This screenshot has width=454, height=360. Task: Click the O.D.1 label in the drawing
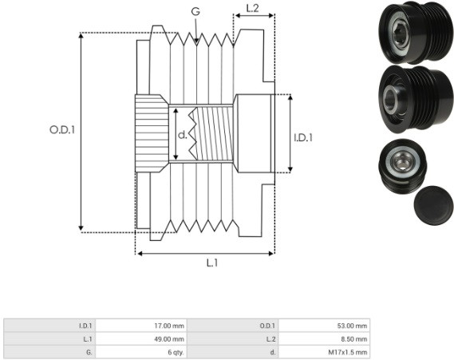62,130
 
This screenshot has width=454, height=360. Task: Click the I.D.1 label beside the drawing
303,137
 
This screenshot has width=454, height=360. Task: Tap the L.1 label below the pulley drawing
212,263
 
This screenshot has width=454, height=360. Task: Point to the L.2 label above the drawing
252,9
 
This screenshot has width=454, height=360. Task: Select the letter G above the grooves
195,11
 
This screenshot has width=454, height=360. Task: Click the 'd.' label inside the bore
183,135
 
